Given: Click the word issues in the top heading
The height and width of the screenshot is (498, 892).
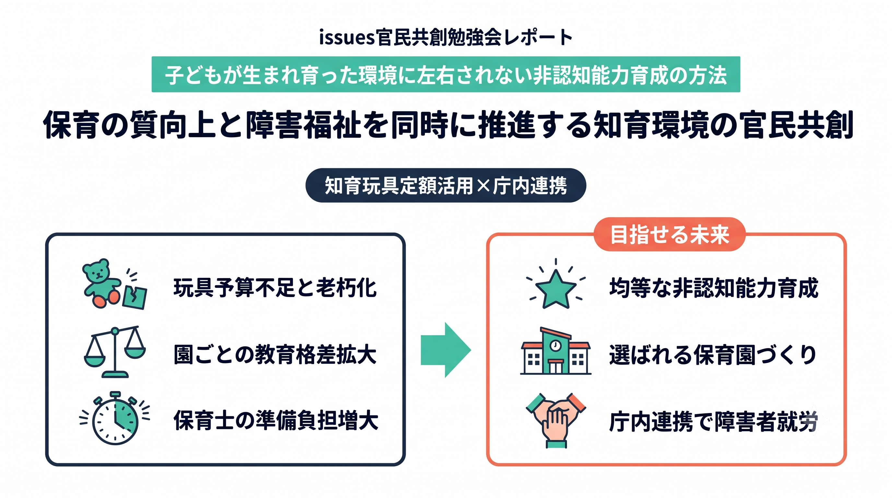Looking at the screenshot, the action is (x=346, y=37).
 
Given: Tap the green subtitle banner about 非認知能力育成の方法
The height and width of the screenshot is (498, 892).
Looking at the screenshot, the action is (x=446, y=75).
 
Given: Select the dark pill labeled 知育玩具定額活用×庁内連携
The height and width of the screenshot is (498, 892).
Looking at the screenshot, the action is (x=446, y=185).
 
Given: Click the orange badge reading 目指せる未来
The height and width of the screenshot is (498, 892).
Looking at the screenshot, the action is (x=669, y=234).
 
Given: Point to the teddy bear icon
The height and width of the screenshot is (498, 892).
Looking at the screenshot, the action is (x=101, y=283).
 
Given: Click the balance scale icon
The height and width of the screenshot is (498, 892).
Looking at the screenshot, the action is (x=115, y=351).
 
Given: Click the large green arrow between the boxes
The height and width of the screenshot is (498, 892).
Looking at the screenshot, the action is (x=446, y=350).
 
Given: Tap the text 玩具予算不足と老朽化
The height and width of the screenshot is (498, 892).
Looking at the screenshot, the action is (x=275, y=288).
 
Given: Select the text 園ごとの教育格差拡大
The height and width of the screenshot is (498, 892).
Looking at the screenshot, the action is (x=275, y=354).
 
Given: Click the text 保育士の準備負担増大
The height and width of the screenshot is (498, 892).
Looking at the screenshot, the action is (x=276, y=420).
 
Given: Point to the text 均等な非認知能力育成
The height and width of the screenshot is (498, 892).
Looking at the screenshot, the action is (x=714, y=288).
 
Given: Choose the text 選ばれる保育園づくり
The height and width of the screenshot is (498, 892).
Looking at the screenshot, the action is (x=713, y=355).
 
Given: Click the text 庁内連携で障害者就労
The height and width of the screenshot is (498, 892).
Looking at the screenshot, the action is (x=714, y=421).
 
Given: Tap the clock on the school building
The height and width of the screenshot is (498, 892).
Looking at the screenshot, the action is (x=555, y=345).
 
